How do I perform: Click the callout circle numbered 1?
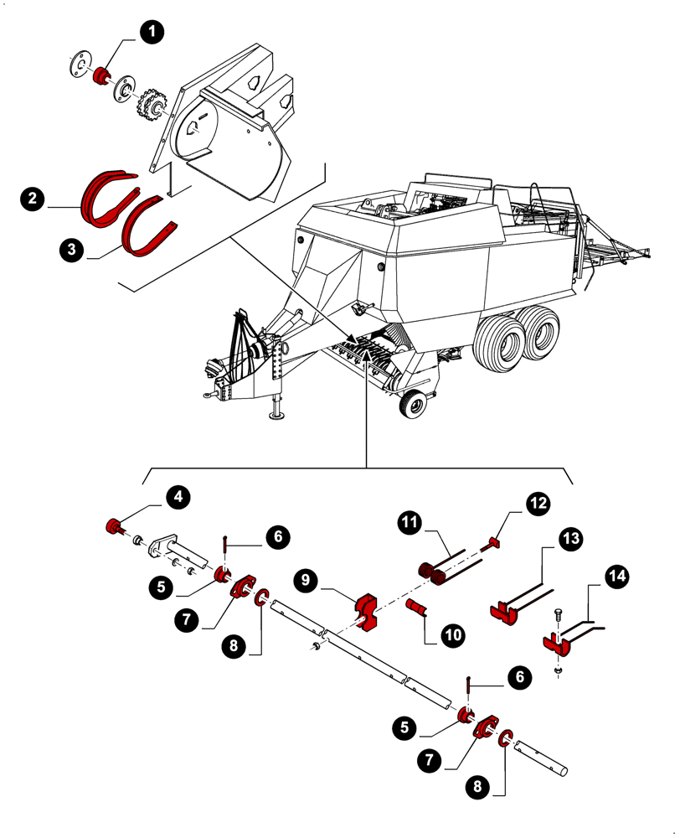[x=152, y=33]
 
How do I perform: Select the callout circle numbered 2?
[x=32, y=199]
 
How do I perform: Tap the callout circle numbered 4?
[x=176, y=496]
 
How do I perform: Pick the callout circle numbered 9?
[x=307, y=579]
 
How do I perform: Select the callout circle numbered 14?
[x=617, y=577]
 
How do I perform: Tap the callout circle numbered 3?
[x=72, y=249]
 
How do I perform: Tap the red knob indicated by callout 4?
[x=111, y=527]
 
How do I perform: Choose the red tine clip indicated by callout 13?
[x=502, y=610]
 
